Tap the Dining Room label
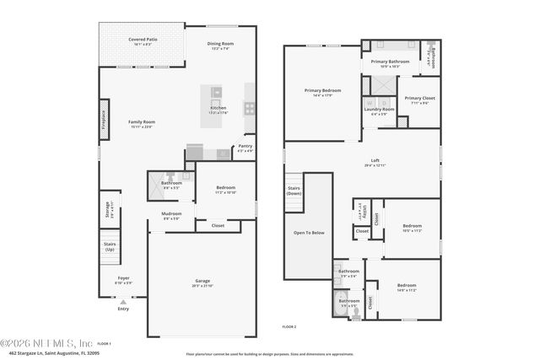coord(220,44)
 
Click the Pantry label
coord(245,146)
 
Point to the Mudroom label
coord(171,213)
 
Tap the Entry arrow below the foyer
coord(123,302)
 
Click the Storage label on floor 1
coord(107,210)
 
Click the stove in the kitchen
coord(250,107)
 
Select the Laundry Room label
coord(380,109)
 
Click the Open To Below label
coord(305,232)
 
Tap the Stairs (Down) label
coord(294,190)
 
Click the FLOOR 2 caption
coord(289,326)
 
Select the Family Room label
coord(142,122)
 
